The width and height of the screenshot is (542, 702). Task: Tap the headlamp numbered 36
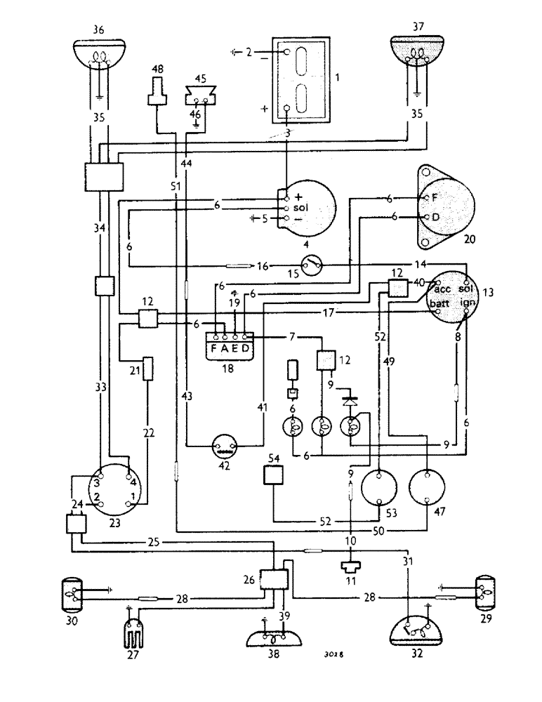[99, 53]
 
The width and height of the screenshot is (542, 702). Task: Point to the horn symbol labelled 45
[197, 93]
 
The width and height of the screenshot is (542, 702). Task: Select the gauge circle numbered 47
[428, 486]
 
